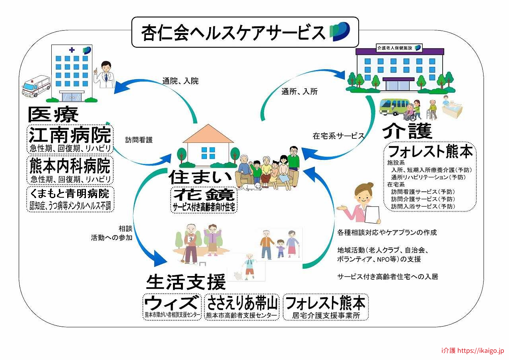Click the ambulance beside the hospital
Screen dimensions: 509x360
click(x=36, y=86)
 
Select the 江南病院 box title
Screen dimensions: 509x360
click(x=70, y=135)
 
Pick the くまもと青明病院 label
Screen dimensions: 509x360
click(x=70, y=194)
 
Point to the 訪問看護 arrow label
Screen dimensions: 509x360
click(x=139, y=140)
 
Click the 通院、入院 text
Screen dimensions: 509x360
click(x=181, y=81)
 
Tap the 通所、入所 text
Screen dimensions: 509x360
click(x=299, y=91)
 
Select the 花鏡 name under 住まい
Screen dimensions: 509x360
click(x=204, y=195)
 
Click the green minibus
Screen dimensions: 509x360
click(x=394, y=107)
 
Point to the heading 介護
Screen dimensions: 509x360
click(x=407, y=131)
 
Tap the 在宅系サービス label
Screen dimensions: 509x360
click(x=338, y=136)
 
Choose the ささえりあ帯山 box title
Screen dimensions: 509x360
click(x=242, y=303)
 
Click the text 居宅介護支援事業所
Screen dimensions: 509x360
click(x=326, y=315)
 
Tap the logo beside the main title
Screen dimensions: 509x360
click(x=340, y=31)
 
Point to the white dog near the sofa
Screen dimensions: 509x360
click(x=250, y=187)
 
